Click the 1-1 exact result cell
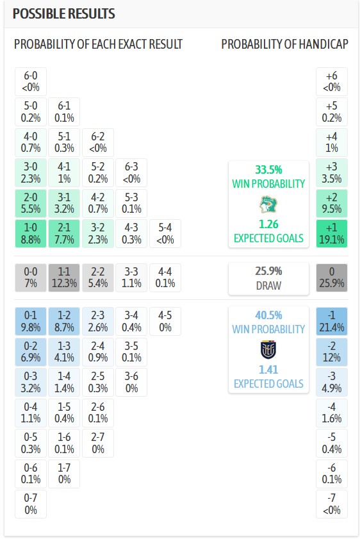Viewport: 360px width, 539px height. point(64,278)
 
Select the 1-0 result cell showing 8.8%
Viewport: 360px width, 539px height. point(31,233)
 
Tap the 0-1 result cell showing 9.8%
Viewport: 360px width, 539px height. point(31,321)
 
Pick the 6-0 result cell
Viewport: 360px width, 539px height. point(31,81)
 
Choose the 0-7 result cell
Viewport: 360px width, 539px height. point(31,504)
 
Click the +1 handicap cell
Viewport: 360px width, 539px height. point(332,233)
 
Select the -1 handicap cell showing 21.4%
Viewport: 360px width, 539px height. point(332,321)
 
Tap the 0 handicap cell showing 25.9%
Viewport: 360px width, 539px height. point(332,278)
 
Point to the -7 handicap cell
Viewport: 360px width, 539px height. point(332,504)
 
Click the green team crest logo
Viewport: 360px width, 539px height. point(268,204)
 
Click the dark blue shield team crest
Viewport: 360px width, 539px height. point(268,349)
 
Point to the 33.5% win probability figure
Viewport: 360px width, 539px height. point(268,169)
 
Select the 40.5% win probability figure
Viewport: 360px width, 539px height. point(268,315)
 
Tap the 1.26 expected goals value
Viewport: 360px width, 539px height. point(268,224)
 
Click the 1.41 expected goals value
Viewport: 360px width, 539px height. point(268,370)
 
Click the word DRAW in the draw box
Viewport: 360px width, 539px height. point(268,285)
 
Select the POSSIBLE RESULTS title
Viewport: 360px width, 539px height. point(64,13)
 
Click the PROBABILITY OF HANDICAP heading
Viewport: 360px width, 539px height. point(285,44)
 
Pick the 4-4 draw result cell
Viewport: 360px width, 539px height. point(165,278)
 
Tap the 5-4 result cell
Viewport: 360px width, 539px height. point(165,233)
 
